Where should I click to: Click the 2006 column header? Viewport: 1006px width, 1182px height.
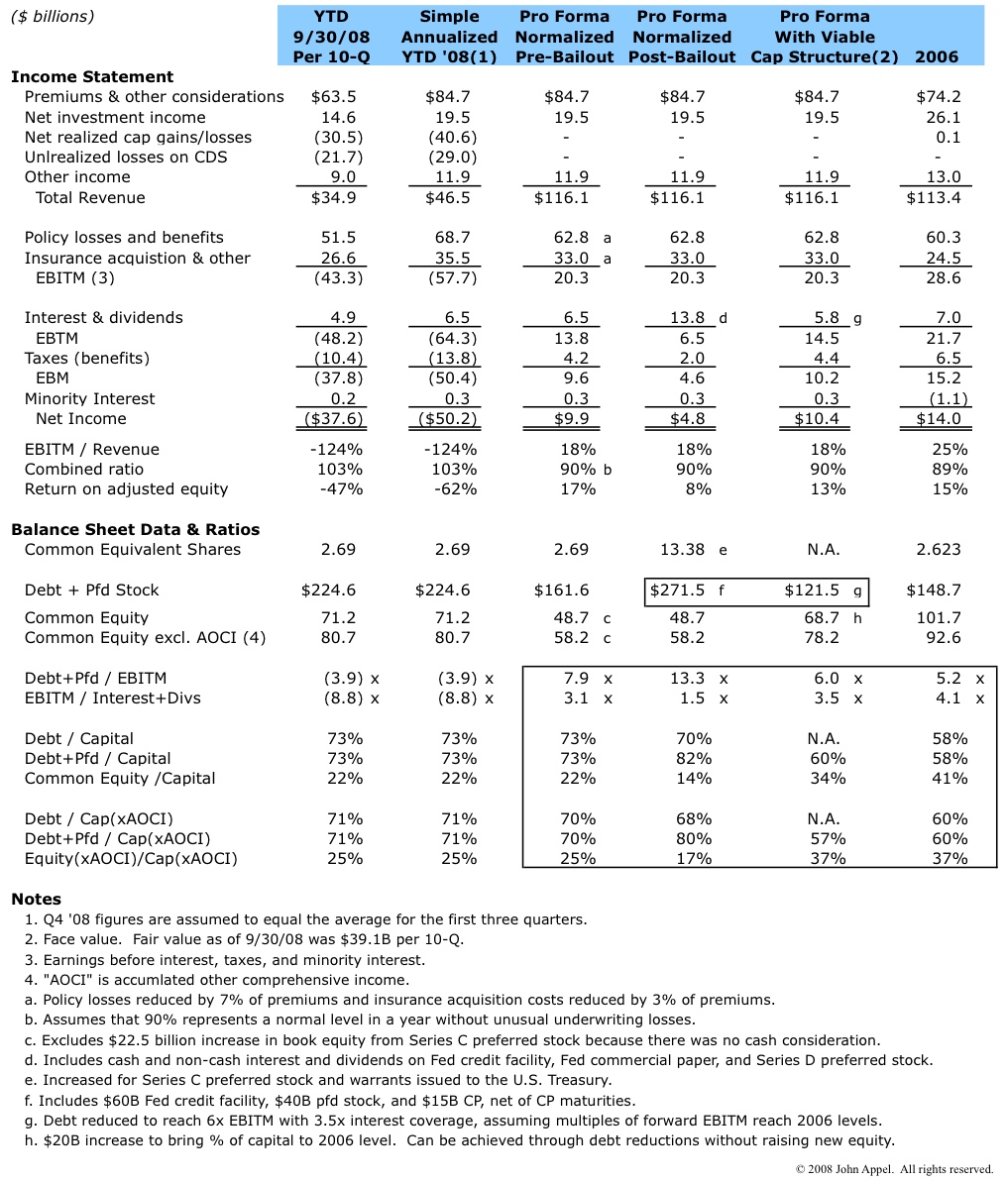coord(936,56)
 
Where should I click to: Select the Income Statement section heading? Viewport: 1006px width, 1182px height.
coord(92,76)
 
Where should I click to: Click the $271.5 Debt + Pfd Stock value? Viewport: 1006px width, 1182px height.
coord(677,591)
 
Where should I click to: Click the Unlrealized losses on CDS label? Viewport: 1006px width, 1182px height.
coord(126,158)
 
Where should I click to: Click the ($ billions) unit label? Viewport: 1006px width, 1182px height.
coord(53,17)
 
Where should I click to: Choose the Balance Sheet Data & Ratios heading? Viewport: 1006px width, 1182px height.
coord(135,529)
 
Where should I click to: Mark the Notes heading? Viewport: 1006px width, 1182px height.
coord(36,900)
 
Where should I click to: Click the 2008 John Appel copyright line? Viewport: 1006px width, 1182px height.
coord(894,1170)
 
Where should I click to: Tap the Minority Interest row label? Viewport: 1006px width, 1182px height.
coord(90,399)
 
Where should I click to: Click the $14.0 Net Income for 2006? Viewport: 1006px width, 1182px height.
coord(939,419)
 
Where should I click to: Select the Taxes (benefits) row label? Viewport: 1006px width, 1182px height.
coord(87,359)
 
